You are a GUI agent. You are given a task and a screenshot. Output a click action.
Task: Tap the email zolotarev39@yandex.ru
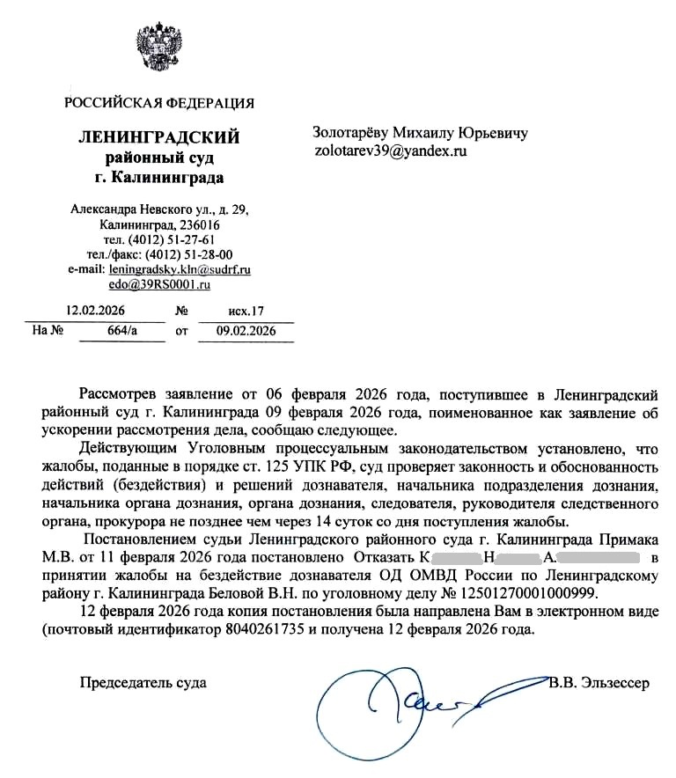point(389,150)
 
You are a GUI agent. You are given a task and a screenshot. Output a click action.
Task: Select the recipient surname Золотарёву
point(350,133)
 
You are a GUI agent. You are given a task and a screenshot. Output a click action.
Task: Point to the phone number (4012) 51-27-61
point(172,240)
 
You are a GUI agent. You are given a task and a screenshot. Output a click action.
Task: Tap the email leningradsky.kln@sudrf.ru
point(179,270)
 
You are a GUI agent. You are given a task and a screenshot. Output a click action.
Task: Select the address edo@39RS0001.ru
point(159,284)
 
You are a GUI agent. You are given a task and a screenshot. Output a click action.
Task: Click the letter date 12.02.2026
point(97,311)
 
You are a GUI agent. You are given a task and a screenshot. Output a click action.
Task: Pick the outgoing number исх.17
point(246,311)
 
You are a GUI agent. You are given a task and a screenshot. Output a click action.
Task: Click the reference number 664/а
point(121,332)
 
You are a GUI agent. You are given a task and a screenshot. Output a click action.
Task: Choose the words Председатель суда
point(143,683)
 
